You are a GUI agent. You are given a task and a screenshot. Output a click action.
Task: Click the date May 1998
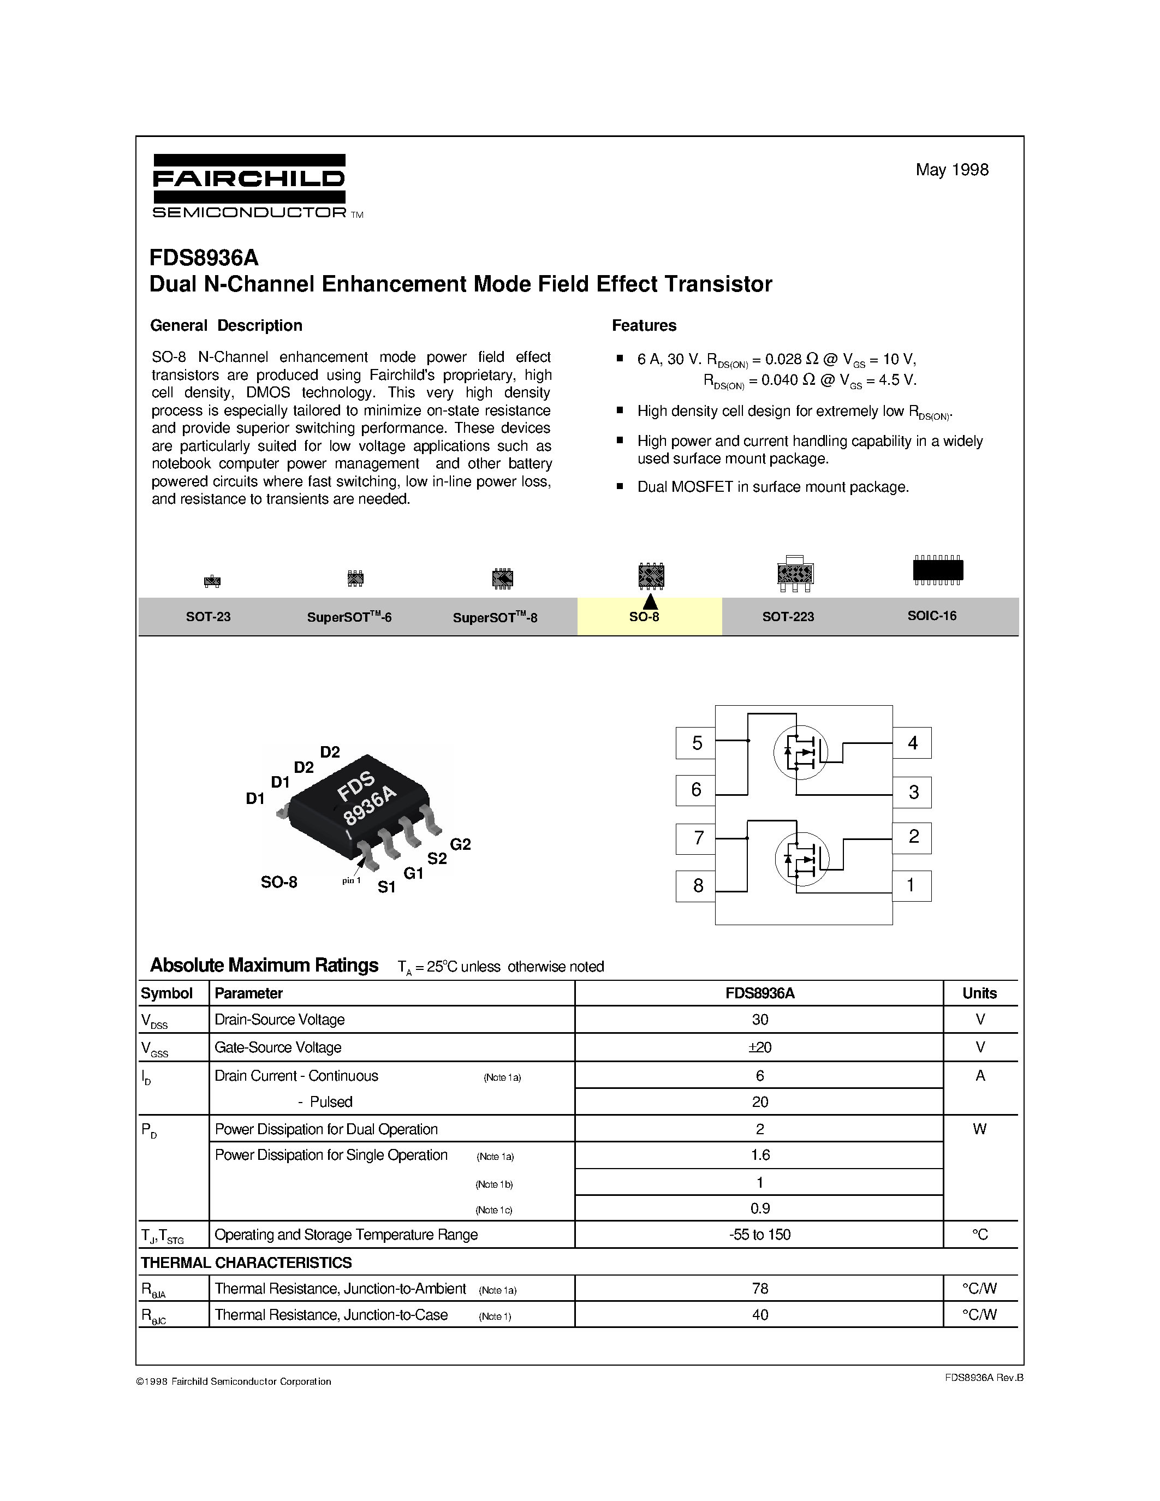[x=952, y=170]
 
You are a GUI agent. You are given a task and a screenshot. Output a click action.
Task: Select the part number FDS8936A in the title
[x=204, y=258]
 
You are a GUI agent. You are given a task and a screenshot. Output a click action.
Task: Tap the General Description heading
[x=226, y=326]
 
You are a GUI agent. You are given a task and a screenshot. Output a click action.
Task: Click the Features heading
[x=644, y=326]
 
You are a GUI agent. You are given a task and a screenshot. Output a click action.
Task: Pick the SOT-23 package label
[x=208, y=616]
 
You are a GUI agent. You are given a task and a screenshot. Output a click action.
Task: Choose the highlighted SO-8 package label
[x=645, y=616]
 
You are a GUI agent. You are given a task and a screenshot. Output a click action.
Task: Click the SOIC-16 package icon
[x=937, y=570]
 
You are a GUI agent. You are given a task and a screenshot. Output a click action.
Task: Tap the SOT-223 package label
[x=788, y=616]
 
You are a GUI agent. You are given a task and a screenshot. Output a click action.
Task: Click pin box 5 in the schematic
[x=696, y=743]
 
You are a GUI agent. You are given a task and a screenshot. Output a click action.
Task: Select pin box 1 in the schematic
[x=911, y=885]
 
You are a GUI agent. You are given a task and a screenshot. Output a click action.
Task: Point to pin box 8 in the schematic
[x=697, y=886]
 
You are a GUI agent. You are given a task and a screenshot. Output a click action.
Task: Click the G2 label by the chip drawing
[x=460, y=845]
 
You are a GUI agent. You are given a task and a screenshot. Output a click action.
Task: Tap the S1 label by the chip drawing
[x=387, y=888]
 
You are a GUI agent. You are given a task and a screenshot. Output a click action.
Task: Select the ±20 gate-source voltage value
[x=760, y=1047]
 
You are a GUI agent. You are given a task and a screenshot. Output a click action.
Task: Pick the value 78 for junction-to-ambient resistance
[x=760, y=1289]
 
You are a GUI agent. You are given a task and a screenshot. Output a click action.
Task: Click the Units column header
[x=979, y=993]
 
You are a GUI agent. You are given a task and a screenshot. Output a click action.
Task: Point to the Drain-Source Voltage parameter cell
[x=279, y=1020]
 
